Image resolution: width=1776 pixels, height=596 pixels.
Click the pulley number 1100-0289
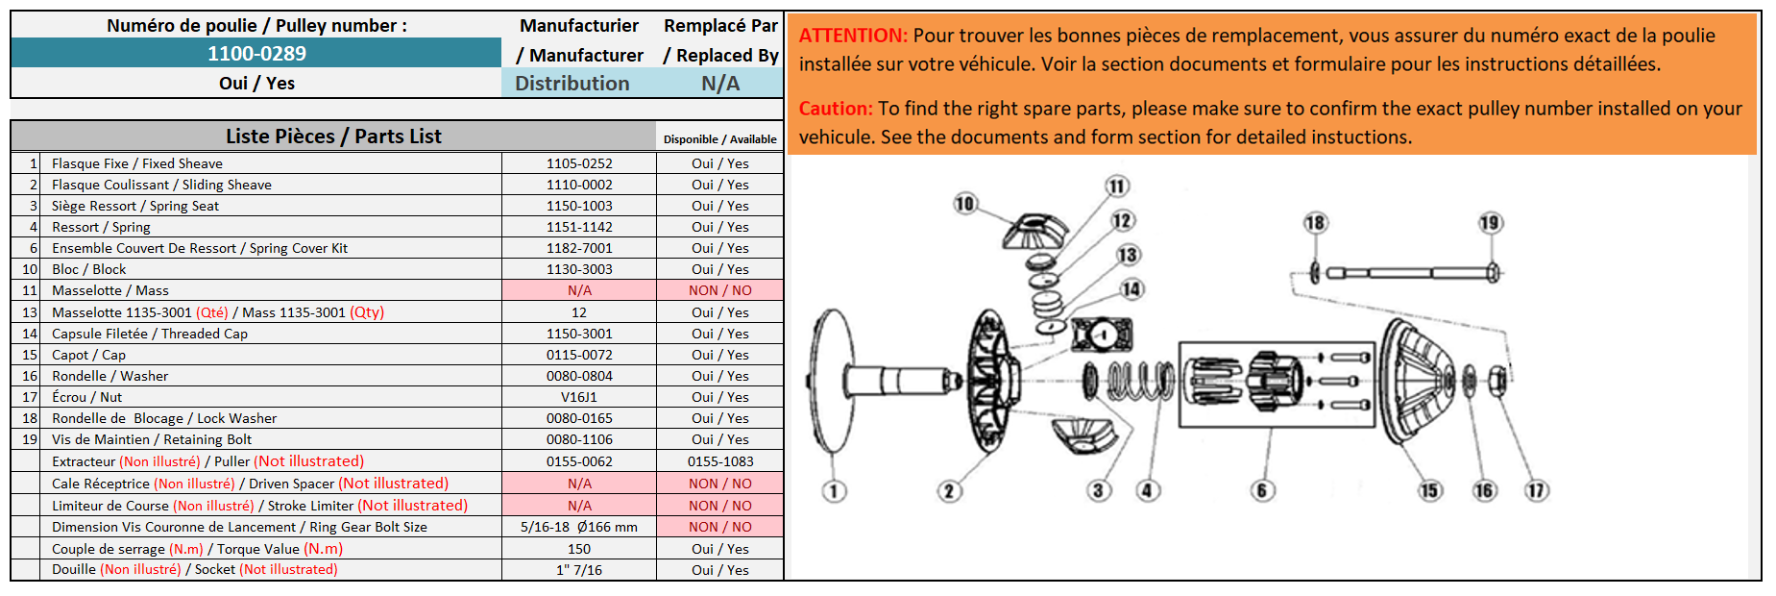click(x=256, y=54)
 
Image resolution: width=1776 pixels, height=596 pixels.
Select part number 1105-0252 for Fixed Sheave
click(x=579, y=163)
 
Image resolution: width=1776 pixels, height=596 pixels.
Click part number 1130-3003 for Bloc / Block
click(x=579, y=269)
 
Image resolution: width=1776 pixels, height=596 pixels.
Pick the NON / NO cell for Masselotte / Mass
click(x=720, y=290)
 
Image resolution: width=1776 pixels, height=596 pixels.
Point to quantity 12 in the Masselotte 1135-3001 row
click(x=579, y=312)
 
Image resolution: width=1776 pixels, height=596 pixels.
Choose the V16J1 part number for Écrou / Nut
click(x=579, y=397)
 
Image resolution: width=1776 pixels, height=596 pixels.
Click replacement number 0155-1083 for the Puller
click(x=720, y=461)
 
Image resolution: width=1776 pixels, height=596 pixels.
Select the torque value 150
click(x=579, y=549)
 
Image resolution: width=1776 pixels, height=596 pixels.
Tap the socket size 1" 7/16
click(x=579, y=570)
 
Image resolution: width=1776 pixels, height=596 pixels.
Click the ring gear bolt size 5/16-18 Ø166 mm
click(x=579, y=527)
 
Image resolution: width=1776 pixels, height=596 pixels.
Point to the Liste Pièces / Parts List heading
click(x=333, y=137)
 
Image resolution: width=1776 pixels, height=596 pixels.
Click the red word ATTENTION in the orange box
click(x=853, y=36)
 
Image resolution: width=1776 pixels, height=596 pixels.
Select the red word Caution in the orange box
click(x=836, y=109)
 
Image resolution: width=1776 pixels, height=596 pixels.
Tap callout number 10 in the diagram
click(x=964, y=203)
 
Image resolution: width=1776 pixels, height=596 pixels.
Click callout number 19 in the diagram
click(x=1489, y=223)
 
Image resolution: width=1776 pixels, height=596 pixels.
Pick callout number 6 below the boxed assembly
click(x=1262, y=490)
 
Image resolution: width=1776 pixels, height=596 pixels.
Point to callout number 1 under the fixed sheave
click(x=834, y=491)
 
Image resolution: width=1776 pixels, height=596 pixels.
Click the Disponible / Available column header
click(x=720, y=139)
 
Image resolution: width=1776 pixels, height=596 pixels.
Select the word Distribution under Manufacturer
click(x=572, y=84)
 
